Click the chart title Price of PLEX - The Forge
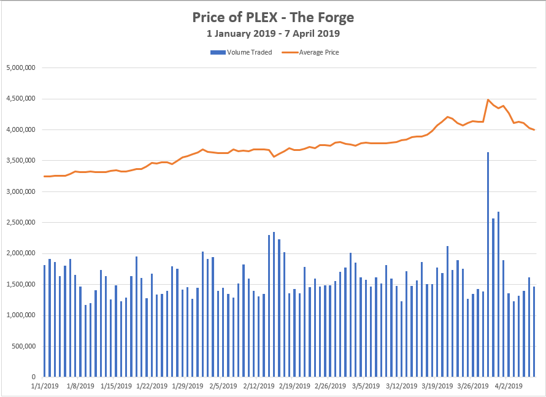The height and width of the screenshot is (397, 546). (273, 18)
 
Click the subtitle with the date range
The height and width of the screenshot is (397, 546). (273, 34)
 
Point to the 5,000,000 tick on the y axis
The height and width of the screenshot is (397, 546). (20, 67)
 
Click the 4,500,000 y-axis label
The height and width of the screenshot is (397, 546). (20, 98)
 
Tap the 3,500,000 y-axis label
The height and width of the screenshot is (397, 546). (20, 160)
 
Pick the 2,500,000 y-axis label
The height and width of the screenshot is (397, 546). (20, 222)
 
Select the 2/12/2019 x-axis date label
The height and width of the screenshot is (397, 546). (259, 386)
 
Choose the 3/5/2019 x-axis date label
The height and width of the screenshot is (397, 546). (366, 386)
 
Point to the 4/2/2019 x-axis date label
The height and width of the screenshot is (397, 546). (509, 386)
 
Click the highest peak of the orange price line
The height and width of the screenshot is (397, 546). (488, 99)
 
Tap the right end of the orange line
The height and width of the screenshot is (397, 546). (534, 129)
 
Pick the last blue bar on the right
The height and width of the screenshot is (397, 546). (534, 331)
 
